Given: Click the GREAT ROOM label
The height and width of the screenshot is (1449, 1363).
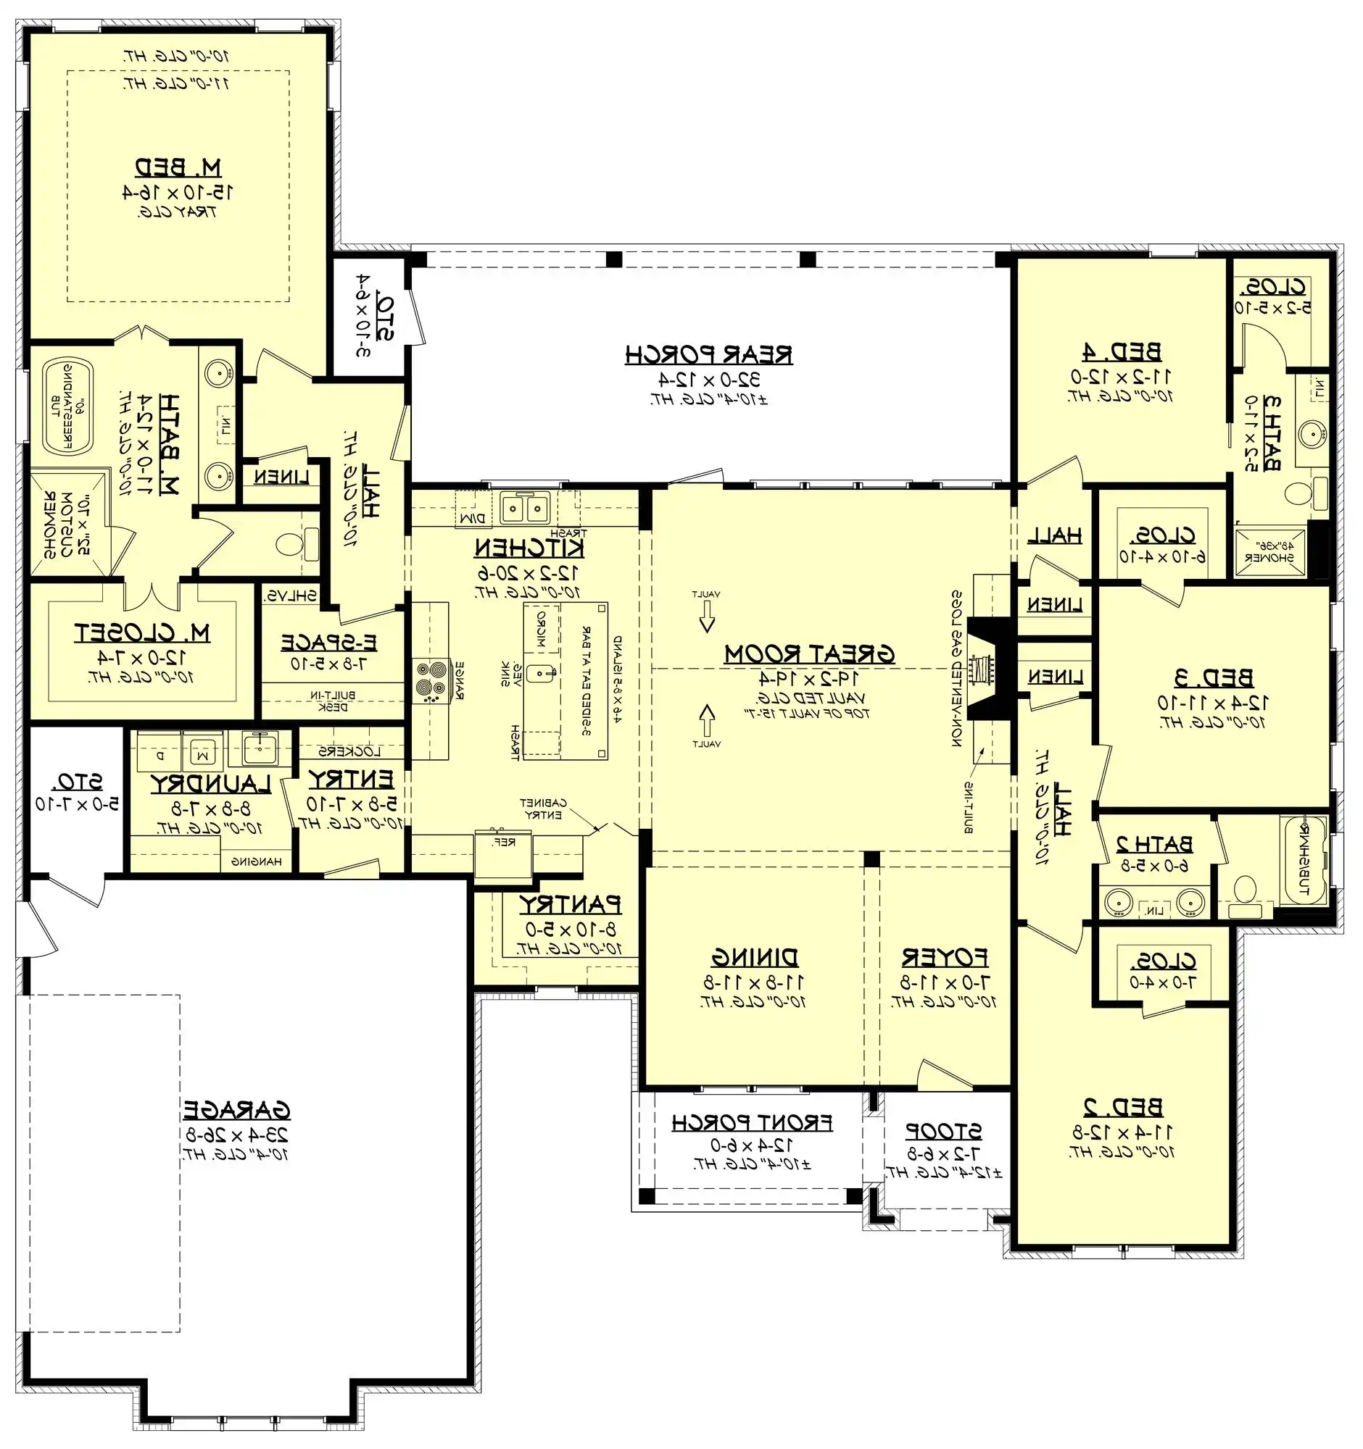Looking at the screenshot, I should pyautogui.click(x=809, y=653).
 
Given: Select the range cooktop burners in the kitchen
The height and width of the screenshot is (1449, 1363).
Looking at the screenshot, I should pyautogui.click(x=430, y=681).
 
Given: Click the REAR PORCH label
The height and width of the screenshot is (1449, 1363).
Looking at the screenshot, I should pyautogui.click(x=709, y=355).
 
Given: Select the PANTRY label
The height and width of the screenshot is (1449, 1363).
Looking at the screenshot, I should pyautogui.click(x=570, y=904).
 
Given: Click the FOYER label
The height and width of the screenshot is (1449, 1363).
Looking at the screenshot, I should pyautogui.click(x=945, y=956).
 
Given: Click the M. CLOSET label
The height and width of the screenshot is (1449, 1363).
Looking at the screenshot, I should pyautogui.click(x=142, y=632).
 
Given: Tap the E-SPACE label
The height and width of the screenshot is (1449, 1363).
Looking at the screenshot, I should pyautogui.click(x=329, y=643).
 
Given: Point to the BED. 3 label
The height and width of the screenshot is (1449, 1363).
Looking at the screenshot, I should pyautogui.click(x=1214, y=678).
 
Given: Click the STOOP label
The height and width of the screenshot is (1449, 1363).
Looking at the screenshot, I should pyautogui.click(x=944, y=1131).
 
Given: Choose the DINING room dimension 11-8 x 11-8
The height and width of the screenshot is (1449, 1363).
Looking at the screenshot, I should pyautogui.click(x=754, y=982).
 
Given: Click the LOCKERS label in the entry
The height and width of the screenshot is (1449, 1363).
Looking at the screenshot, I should pyautogui.click(x=349, y=751).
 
